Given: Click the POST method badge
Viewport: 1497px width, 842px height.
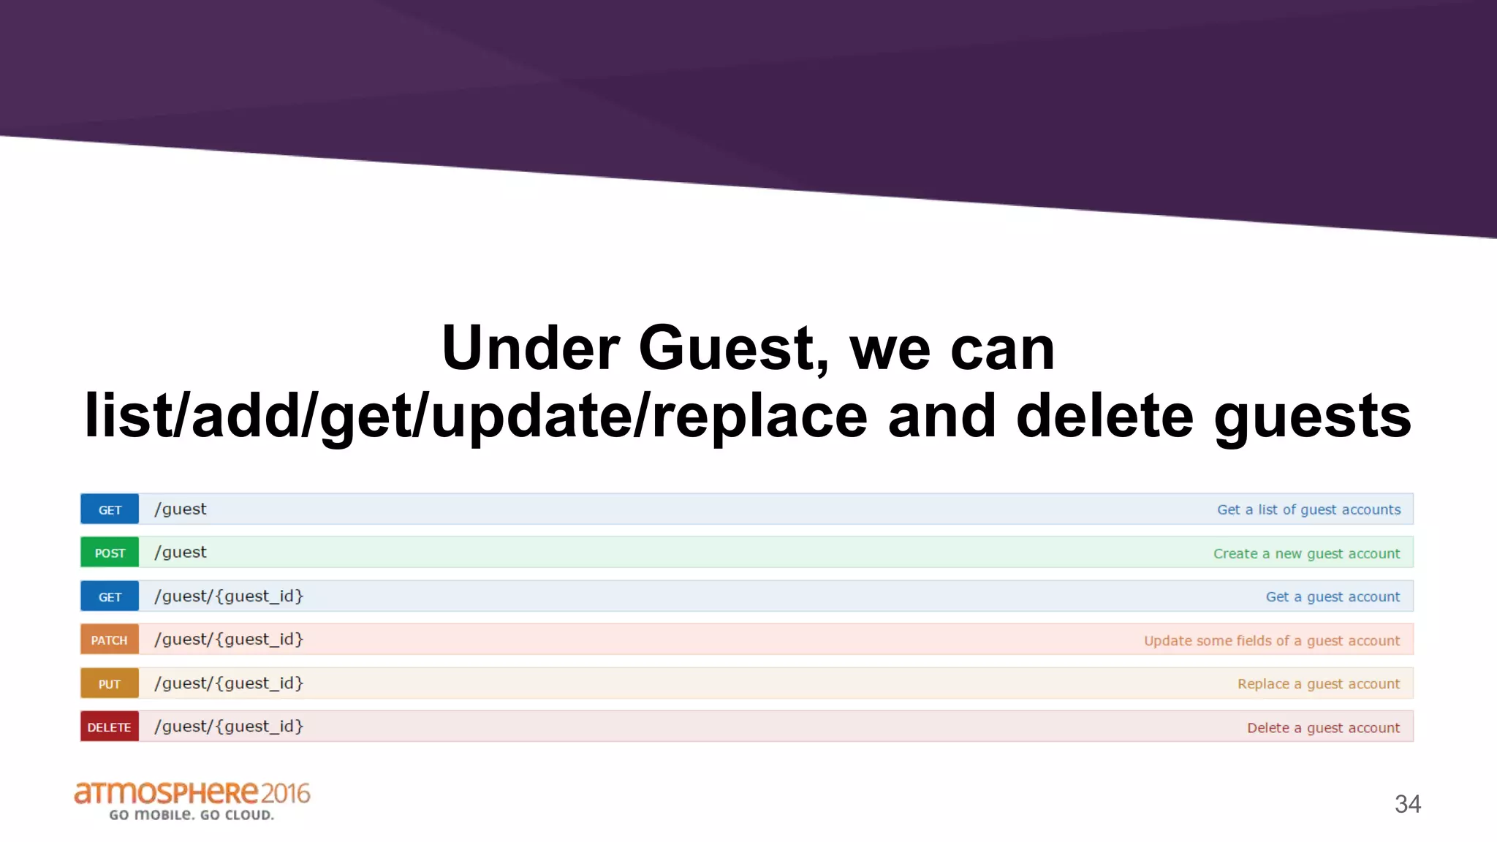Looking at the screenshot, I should [x=110, y=553].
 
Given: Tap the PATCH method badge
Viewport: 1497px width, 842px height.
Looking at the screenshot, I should [x=110, y=640].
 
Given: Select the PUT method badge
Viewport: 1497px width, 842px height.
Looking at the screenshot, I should [x=110, y=683].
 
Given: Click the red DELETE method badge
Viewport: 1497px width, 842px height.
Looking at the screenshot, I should [x=110, y=727].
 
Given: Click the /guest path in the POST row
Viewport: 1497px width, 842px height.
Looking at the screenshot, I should [x=181, y=552].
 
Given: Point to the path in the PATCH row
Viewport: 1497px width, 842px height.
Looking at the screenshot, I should [x=229, y=640].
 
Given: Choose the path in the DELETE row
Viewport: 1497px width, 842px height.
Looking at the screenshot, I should [x=229, y=727].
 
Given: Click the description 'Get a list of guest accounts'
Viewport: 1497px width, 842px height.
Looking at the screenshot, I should [x=1308, y=509].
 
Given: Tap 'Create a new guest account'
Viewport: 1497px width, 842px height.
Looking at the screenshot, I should [x=1306, y=553].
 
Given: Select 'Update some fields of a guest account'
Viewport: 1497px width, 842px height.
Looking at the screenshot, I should [x=1272, y=640].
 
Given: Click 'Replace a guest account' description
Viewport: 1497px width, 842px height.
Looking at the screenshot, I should [x=1319, y=683].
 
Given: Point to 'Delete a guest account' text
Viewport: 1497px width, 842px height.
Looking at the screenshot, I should [x=1323, y=727].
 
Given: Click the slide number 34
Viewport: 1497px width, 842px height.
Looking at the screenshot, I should [x=1407, y=804].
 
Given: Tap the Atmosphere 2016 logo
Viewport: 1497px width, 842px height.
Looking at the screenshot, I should [x=192, y=794].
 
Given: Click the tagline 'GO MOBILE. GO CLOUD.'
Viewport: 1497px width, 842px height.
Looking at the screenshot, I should [x=192, y=815].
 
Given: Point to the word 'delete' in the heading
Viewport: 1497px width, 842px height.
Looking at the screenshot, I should [x=1104, y=416].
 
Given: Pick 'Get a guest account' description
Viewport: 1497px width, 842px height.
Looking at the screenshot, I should [x=1333, y=596].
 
